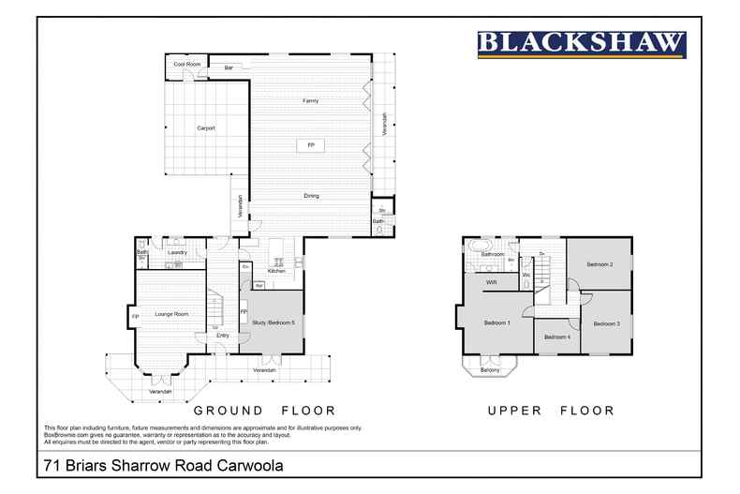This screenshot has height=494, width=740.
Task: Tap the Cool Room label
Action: tap(187, 64)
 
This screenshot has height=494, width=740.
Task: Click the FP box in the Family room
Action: tap(311, 145)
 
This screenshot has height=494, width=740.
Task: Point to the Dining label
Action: tap(311, 196)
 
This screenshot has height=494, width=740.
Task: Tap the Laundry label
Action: tap(178, 252)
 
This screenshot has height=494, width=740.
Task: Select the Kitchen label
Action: tap(276, 271)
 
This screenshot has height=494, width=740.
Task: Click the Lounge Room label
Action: tap(174, 314)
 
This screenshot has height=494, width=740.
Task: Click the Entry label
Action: tap(222, 335)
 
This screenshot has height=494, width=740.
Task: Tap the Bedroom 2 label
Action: tap(599, 264)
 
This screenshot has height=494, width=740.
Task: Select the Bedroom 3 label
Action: tap(606, 323)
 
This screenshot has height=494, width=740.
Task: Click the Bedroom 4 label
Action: tap(556, 337)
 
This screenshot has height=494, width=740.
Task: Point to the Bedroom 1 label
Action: tap(496, 322)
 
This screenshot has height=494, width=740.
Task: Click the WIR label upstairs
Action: tap(490, 281)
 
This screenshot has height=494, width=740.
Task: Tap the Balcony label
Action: tap(490, 369)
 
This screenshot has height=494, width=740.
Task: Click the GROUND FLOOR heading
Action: tap(263, 411)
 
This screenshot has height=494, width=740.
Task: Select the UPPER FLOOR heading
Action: tap(550, 411)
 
